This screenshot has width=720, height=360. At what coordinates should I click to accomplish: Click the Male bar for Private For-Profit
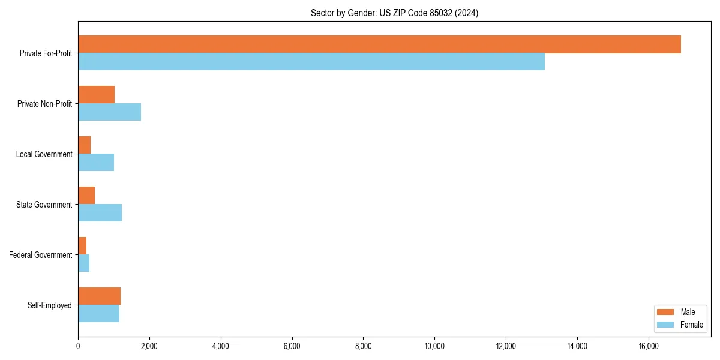379,44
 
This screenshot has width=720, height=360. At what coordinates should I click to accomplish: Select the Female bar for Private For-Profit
311,62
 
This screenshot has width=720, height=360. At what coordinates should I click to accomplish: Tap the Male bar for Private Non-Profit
96,95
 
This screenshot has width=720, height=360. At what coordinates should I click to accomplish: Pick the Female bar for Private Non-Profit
109,112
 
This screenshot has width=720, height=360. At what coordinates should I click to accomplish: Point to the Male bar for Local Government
84,145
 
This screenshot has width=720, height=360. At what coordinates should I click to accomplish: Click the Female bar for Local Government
96,163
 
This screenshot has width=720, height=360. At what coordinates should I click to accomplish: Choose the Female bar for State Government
100,213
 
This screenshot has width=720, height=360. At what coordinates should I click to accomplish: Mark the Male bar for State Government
86,196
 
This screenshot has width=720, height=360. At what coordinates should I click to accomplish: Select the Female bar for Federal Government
83,263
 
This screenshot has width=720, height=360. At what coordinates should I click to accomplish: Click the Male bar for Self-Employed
99,296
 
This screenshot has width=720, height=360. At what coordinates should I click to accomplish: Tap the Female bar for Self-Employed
98,314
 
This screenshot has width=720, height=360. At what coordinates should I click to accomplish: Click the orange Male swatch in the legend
665,312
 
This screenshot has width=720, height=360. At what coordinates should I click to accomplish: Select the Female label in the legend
692,325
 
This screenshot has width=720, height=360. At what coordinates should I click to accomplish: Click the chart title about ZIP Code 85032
394,13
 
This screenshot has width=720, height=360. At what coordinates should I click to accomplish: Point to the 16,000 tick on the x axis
649,346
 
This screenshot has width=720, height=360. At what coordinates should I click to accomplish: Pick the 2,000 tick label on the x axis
149,346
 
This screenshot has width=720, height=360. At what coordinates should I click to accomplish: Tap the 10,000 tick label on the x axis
434,346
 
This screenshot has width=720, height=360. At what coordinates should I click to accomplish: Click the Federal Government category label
41,255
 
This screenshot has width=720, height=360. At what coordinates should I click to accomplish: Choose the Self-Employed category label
50,305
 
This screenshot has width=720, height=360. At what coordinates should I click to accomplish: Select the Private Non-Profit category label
45,104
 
